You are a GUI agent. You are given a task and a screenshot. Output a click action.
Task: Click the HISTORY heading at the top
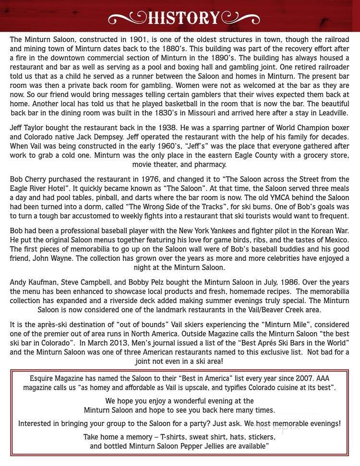click(183, 18)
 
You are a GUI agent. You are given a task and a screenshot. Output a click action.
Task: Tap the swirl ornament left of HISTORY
click(128, 19)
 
